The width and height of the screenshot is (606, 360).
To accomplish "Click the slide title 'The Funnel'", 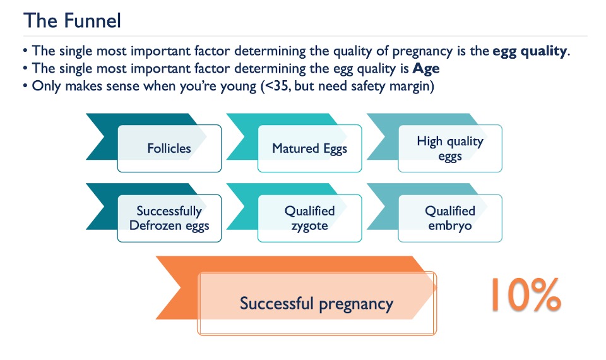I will coord(72,20).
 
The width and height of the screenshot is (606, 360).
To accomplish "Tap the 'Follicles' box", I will coord(169,148).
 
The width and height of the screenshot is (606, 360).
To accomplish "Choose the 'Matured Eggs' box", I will coord(309,148).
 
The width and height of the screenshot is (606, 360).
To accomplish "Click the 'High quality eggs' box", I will coord(450,148).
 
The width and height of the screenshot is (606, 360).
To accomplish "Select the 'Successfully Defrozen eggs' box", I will coord(169,218).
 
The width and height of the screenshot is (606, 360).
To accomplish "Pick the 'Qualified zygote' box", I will coord(309,218).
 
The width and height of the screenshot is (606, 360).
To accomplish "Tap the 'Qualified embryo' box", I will coord(450,218).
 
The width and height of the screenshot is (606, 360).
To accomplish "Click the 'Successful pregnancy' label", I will coord(316,303).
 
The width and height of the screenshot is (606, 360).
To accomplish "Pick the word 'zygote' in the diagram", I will coord(309,225).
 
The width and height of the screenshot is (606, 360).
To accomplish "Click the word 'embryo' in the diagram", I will coord(450,225).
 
